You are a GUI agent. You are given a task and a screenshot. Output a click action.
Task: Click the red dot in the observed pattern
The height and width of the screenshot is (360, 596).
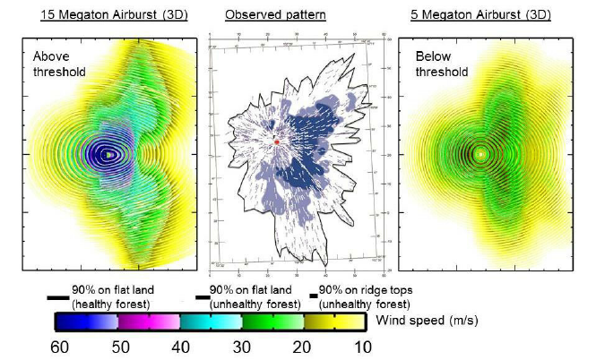277,142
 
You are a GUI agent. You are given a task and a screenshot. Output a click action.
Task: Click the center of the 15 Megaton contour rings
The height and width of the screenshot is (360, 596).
107,154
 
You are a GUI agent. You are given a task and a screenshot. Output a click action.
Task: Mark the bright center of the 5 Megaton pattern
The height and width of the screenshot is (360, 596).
481,154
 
